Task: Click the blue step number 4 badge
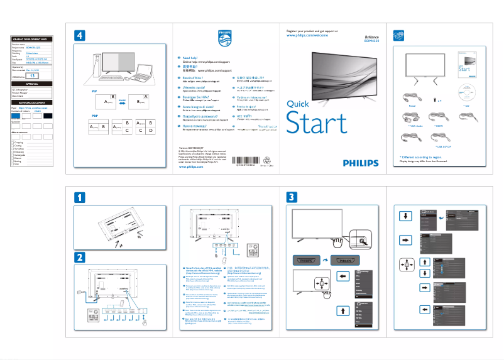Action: tap(80, 35)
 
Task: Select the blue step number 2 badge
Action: tap(80, 257)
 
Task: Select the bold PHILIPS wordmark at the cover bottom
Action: tap(361, 161)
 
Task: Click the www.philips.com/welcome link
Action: tap(307, 36)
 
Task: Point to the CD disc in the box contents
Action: tap(466, 92)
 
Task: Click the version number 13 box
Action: tap(33, 75)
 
